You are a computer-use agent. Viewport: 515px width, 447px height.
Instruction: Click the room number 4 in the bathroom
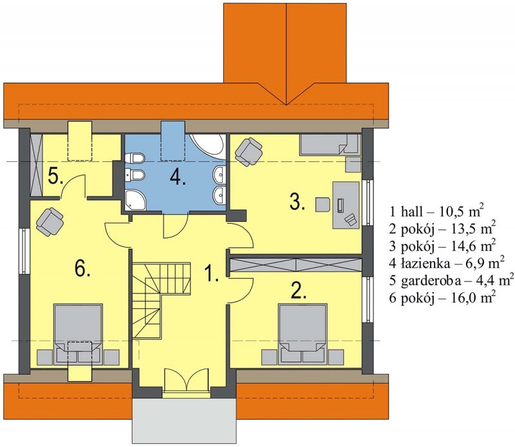tap(178, 178)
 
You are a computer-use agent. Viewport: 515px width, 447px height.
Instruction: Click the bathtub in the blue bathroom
tap(209, 146)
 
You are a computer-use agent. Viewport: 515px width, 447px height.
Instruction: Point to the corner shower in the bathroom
tap(135, 200)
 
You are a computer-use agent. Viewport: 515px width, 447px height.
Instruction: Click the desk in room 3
tap(346, 204)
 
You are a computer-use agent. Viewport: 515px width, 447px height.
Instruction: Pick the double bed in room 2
tap(303, 334)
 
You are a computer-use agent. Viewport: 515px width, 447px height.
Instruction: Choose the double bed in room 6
tap(78, 334)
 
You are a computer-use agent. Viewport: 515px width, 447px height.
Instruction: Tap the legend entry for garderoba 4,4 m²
tap(451, 280)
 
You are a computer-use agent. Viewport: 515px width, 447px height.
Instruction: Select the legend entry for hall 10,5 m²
tap(436, 212)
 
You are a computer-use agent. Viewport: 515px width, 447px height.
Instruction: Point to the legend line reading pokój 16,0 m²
tap(442, 297)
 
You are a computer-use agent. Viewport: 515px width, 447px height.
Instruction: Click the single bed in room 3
tap(330, 144)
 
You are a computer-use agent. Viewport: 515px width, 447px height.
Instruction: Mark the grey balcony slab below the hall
tap(184, 417)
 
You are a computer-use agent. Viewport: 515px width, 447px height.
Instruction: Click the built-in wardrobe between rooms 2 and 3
tap(296, 266)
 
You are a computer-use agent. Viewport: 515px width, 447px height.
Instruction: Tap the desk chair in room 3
tap(323, 204)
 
